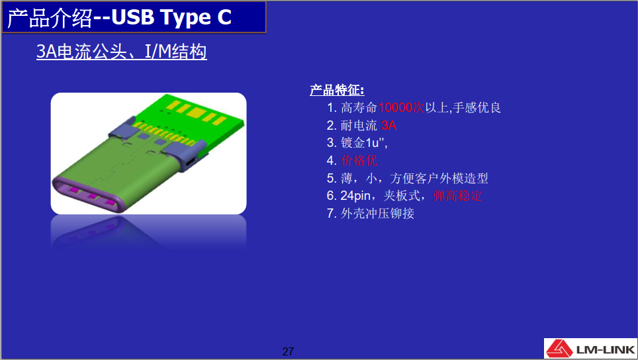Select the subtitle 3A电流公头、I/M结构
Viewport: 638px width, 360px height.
pos(122,52)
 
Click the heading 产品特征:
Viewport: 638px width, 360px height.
pos(337,90)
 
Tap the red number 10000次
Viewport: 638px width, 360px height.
pos(401,107)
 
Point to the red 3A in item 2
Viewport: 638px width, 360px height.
pos(389,125)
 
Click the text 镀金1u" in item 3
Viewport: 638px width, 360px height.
pos(363,142)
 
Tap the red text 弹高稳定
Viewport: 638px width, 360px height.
pos(457,196)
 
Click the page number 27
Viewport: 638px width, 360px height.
pos(288,351)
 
